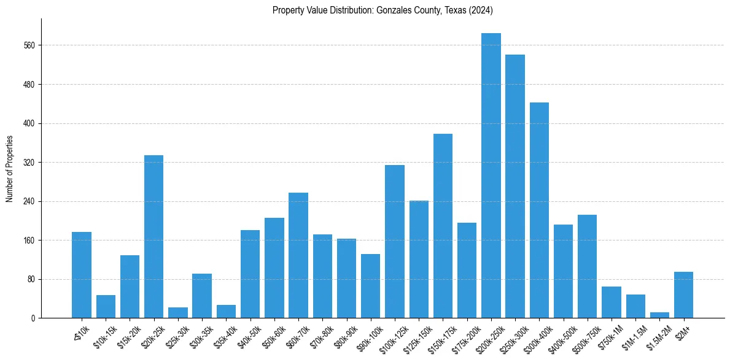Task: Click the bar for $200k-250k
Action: [491, 175]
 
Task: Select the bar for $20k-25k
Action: [153, 236]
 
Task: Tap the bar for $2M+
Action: [683, 295]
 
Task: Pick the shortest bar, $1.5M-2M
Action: [659, 315]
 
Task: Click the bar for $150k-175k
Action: [443, 226]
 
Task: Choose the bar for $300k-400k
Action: [539, 210]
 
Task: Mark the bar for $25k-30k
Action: [178, 312]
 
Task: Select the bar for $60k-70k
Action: [298, 255]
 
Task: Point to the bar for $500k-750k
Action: [587, 266]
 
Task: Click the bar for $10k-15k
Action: [106, 306]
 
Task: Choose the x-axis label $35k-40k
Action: [225, 335]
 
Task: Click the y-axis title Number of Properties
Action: [9, 169]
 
